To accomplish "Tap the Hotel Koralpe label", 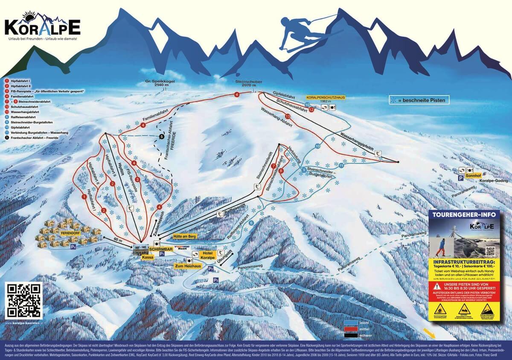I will tap(207, 255).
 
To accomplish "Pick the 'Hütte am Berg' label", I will tap(184, 236).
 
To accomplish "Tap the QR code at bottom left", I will tap(24, 300).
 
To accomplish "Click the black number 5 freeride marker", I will tap(161, 136).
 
